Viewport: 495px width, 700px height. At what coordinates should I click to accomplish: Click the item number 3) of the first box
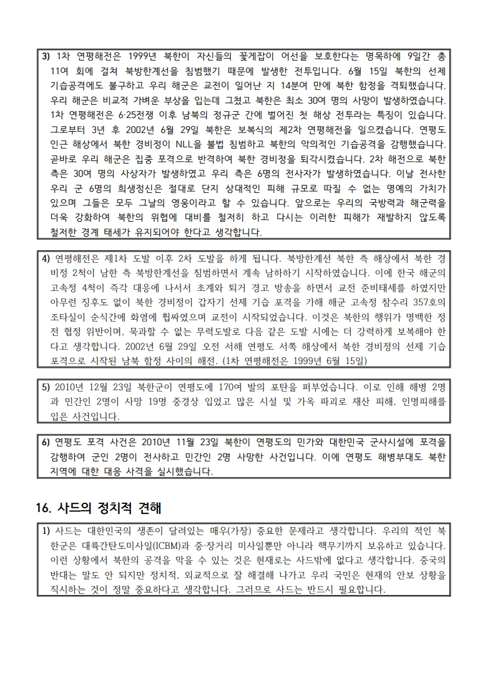(46, 56)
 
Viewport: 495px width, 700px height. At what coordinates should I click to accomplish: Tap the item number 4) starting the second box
(46, 258)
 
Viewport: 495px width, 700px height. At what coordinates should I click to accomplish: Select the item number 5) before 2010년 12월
(46, 387)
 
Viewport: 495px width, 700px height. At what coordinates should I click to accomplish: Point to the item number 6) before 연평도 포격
(46, 443)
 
